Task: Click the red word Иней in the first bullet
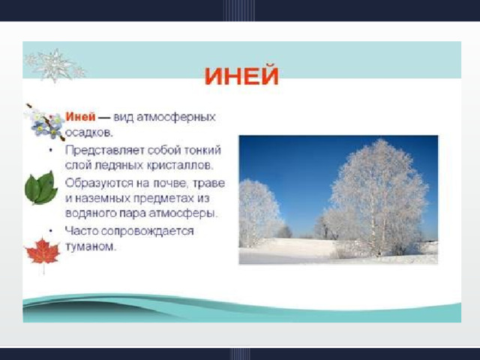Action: pyautogui.click(x=80, y=117)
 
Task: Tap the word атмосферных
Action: pyautogui.click(x=176, y=118)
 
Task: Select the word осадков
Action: pyautogui.click(x=89, y=133)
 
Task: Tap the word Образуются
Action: pyautogui.click(x=99, y=183)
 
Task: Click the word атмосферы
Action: pyautogui.click(x=183, y=213)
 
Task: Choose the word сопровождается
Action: pyautogui.click(x=147, y=232)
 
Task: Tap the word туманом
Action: pyautogui.click(x=91, y=247)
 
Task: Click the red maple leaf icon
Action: pyautogui.click(x=43, y=253)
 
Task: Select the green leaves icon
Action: pyautogui.click(x=40, y=187)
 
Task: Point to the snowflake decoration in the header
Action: pyautogui.click(x=55, y=65)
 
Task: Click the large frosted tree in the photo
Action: pyautogui.click(x=378, y=196)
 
